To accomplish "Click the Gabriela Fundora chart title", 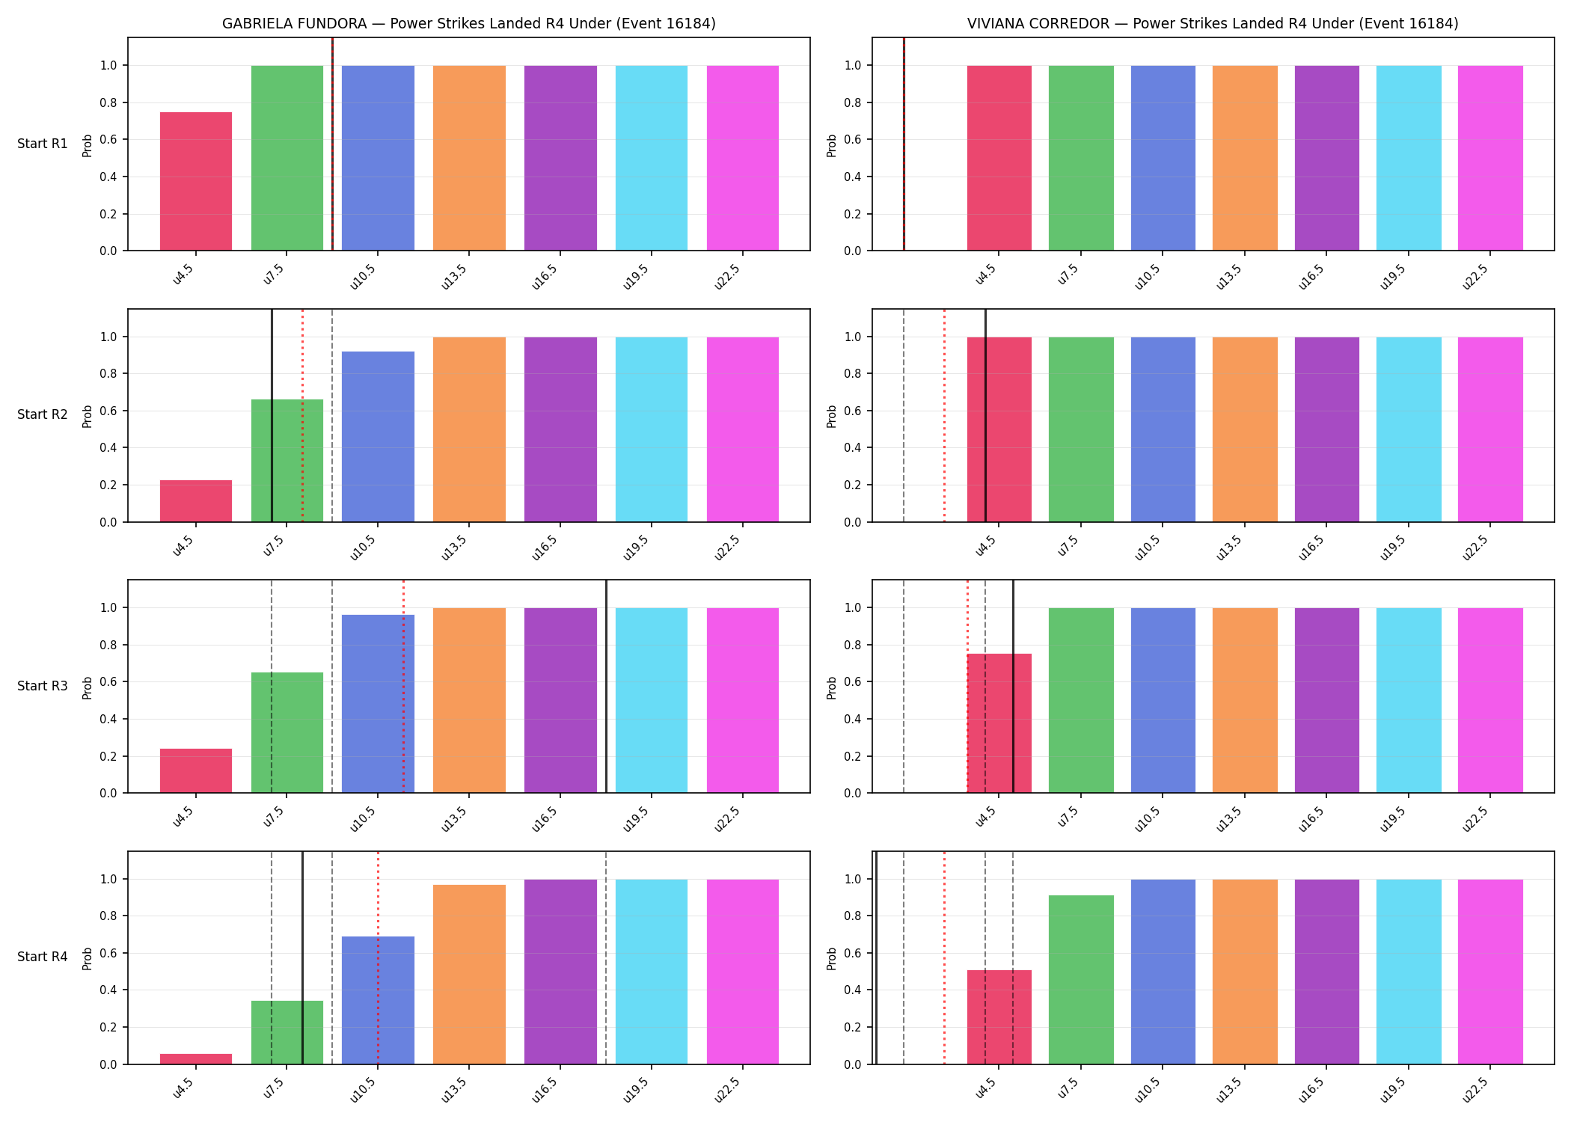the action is (x=469, y=23).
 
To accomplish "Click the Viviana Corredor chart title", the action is (x=1213, y=23).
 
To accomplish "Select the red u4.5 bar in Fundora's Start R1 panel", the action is (x=196, y=181).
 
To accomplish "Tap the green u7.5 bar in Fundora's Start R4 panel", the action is (x=287, y=1032).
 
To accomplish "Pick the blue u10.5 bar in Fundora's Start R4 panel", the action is (x=378, y=1000).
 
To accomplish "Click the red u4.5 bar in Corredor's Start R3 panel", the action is (x=999, y=723).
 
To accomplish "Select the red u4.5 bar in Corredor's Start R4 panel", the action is (x=999, y=1017).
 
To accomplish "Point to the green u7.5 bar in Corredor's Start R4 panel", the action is (x=1081, y=980).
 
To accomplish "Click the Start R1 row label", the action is (x=43, y=144).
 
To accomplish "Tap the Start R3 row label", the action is (x=43, y=686).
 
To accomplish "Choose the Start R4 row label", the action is (x=43, y=957).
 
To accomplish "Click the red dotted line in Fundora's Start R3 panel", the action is (x=403, y=686).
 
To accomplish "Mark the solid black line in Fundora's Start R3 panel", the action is (x=606, y=686).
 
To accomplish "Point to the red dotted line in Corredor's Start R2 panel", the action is (x=944, y=415).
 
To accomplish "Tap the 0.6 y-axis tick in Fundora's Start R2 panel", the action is (x=108, y=411).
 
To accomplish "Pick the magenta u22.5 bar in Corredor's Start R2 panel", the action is (x=1490, y=429).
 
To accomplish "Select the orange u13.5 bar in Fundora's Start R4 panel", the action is (x=469, y=975).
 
